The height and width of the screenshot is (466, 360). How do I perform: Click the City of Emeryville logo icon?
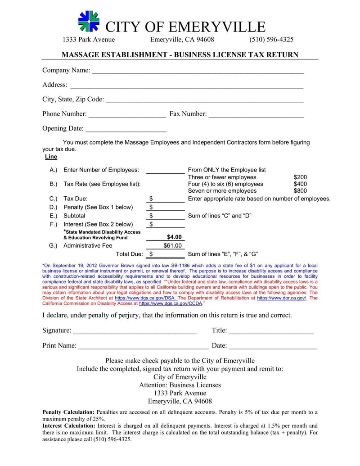click(x=89, y=22)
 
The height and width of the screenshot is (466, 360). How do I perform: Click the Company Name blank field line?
click(x=198, y=71)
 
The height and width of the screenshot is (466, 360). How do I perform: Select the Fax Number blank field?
click(x=256, y=115)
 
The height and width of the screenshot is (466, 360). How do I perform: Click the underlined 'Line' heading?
click(x=51, y=157)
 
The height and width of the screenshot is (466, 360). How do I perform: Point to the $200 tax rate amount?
click(x=300, y=177)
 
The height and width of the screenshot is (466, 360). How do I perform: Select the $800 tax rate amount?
click(x=300, y=190)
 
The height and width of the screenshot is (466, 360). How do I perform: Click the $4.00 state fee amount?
click(x=174, y=237)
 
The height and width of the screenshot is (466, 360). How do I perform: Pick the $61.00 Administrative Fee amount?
click(x=172, y=245)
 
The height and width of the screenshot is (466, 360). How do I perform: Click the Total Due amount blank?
click(x=169, y=254)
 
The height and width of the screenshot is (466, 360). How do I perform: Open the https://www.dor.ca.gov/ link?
click(x=281, y=298)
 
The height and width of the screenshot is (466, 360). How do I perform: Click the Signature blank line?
click(x=135, y=331)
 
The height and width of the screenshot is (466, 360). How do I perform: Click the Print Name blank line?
click(x=143, y=347)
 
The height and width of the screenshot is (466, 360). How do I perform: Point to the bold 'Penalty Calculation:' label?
click(x=68, y=412)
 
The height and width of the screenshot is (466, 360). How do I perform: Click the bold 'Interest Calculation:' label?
click(x=69, y=425)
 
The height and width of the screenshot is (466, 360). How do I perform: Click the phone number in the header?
click(x=271, y=40)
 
